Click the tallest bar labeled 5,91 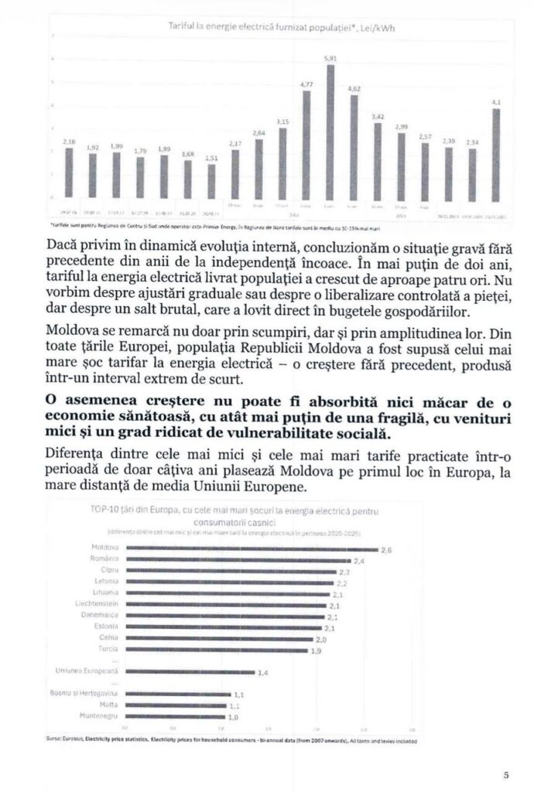(x=330, y=131)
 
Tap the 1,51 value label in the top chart (x=211, y=158)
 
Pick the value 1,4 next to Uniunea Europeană (x=262, y=674)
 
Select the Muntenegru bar (x=174, y=717)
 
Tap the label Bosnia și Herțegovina (x=86, y=695)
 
